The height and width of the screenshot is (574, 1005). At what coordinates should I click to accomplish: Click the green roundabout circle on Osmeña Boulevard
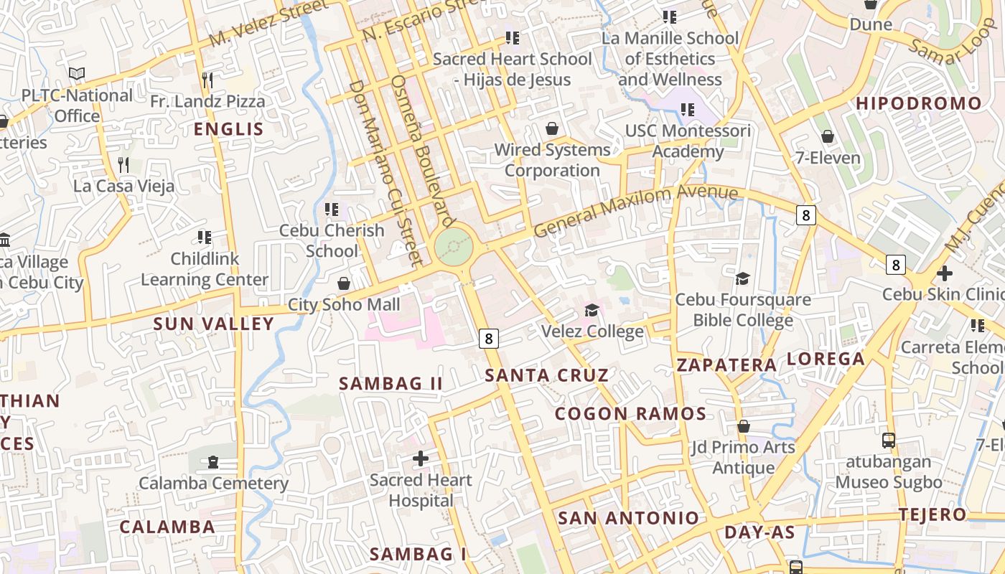tap(454, 247)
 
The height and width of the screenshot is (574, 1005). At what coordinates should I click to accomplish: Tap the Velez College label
tap(592, 331)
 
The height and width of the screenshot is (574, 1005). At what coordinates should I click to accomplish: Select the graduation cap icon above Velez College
tap(592, 310)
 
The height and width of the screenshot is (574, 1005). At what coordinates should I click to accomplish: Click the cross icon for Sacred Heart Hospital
tap(421, 458)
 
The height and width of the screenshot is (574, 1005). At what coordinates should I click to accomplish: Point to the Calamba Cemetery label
tap(213, 484)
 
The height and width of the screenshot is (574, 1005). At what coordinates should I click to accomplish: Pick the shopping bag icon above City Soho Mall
tap(344, 283)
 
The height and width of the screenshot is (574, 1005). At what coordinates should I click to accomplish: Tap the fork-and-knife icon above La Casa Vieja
tap(123, 165)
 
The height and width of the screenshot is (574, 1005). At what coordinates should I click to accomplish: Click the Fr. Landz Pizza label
tap(207, 102)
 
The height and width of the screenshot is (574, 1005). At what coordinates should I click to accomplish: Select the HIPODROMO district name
tap(918, 103)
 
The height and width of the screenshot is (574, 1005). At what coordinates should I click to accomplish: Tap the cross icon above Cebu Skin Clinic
tap(945, 273)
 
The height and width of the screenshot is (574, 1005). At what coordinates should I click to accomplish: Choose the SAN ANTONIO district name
tap(628, 518)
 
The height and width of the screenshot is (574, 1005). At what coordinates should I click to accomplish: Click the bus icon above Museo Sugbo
tap(889, 441)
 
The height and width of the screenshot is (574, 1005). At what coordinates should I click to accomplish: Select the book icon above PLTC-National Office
tap(77, 73)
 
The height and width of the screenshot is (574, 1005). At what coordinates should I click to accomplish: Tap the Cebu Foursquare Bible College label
tap(743, 310)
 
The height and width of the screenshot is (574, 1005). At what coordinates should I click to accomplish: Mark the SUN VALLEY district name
tap(213, 324)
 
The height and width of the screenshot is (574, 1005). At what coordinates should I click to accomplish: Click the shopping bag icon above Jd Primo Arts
tap(744, 426)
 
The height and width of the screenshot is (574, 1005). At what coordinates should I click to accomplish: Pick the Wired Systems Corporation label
tap(552, 160)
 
